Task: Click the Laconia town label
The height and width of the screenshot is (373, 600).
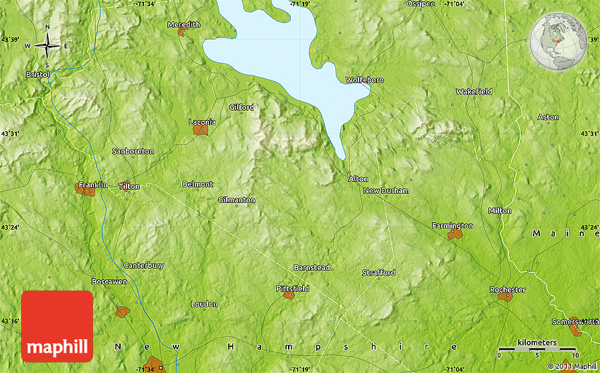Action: point(202,122)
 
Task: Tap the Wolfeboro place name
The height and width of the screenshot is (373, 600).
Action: point(364,80)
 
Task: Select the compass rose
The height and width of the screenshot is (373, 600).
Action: point(47,47)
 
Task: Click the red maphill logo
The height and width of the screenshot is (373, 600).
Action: point(57,326)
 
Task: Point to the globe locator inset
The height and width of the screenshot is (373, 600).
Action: point(558,43)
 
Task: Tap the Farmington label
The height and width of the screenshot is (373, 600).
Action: point(452,226)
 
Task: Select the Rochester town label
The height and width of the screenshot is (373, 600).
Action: point(508,290)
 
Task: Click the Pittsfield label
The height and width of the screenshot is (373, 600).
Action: point(292,288)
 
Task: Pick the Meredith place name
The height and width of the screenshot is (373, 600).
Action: point(184,25)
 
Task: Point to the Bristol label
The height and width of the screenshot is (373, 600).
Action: point(38,74)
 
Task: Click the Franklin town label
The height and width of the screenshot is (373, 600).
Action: point(92,185)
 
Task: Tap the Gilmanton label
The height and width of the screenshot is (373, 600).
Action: point(236,200)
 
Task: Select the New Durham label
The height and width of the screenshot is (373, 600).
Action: point(386,191)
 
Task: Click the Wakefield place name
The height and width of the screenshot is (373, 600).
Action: point(474,92)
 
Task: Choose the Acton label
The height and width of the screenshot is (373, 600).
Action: point(548,117)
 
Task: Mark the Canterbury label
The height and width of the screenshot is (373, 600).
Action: point(144,266)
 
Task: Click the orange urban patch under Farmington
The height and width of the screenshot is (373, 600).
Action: point(455,234)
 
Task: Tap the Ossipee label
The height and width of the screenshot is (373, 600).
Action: point(421,4)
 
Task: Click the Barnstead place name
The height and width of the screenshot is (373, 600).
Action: point(312,268)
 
